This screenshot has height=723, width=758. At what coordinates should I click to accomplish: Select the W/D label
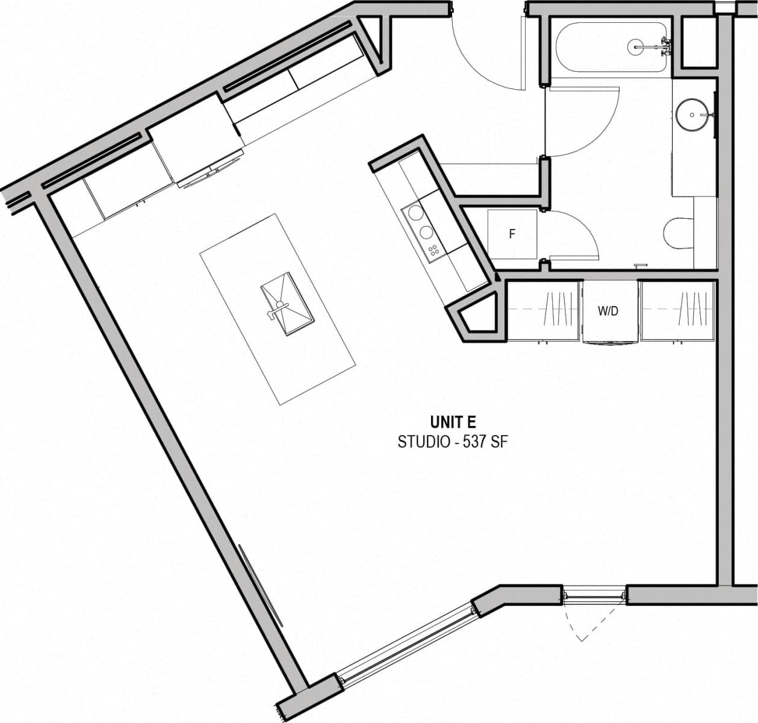[x=608, y=311]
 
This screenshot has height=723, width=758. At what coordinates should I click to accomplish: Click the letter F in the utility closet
[x=512, y=234]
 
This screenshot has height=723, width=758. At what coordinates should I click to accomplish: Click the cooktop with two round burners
[x=421, y=222]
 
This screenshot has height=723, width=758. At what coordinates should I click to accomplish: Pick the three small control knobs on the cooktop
[x=432, y=250]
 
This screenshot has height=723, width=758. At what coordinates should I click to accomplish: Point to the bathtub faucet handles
[x=665, y=46]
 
